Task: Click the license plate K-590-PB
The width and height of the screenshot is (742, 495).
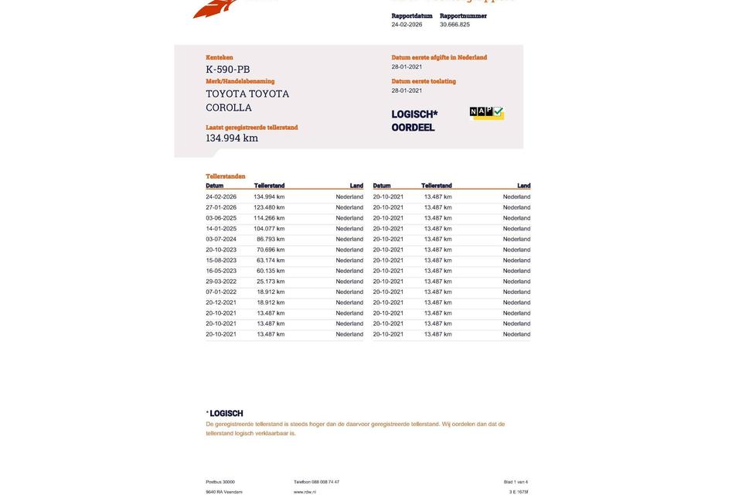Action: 228,70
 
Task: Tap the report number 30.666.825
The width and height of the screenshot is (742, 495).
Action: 454,25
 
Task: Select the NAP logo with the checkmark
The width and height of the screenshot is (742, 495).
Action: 487,113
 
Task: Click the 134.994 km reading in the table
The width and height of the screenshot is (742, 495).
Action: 269,197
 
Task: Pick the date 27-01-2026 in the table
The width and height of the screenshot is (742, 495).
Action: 221,207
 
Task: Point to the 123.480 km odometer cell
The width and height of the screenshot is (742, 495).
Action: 269,207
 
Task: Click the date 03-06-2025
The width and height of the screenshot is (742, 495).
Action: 221,218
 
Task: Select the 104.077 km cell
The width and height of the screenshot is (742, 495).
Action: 269,229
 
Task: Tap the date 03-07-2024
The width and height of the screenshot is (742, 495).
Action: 221,240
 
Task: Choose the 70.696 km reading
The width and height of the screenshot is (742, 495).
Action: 271,250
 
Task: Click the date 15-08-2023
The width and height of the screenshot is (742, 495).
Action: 221,261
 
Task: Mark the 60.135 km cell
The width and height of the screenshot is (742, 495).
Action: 271,271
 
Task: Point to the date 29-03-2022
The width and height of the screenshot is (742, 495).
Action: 221,282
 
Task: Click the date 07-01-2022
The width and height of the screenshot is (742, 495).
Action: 221,292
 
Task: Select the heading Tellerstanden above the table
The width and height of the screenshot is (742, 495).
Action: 226,176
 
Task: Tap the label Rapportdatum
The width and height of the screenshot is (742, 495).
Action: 412,15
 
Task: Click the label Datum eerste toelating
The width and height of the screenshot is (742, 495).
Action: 424,81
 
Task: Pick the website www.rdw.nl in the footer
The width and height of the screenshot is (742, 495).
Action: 305,492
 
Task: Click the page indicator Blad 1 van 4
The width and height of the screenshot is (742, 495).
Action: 516,482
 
